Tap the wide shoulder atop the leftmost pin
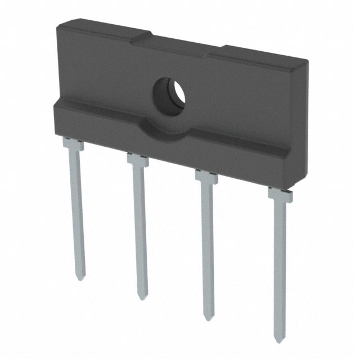(73, 145)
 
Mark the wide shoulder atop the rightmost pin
(280, 195)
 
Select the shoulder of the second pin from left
(138, 161)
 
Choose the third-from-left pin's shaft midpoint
(208, 250)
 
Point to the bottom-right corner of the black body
(297, 189)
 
